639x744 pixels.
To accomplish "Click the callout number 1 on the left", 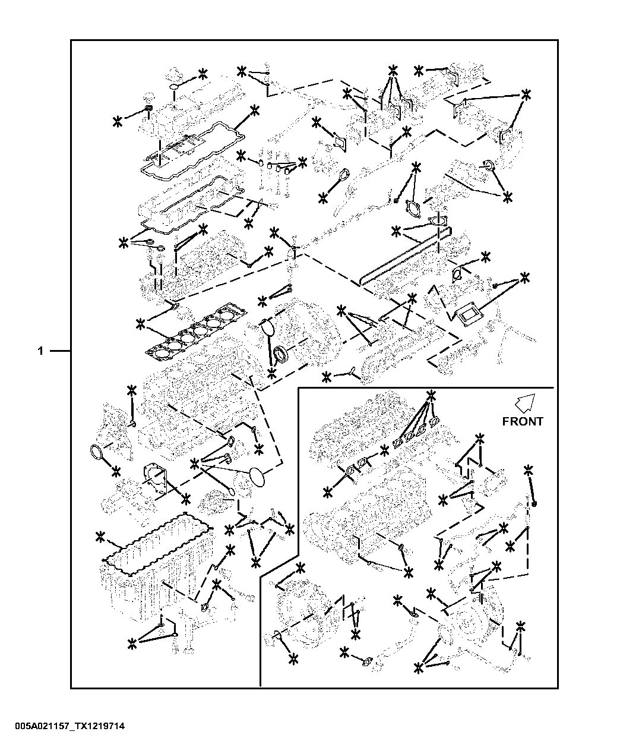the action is [x=40, y=351].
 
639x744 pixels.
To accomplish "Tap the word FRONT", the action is [x=523, y=421].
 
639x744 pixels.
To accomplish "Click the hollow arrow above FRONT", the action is [x=526, y=403].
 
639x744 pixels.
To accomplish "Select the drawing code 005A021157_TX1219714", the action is [x=70, y=726].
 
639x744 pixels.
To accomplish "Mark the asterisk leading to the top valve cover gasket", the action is [x=255, y=111].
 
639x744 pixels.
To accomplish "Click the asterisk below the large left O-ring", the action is [x=116, y=471].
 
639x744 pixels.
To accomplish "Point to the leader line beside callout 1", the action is [x=60, y=351].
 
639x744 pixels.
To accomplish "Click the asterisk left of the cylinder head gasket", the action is [x=140, y=324].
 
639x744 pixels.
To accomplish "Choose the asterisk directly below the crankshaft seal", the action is [x=272, y=374].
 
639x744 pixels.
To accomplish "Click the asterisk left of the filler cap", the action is [x=118, y=122].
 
